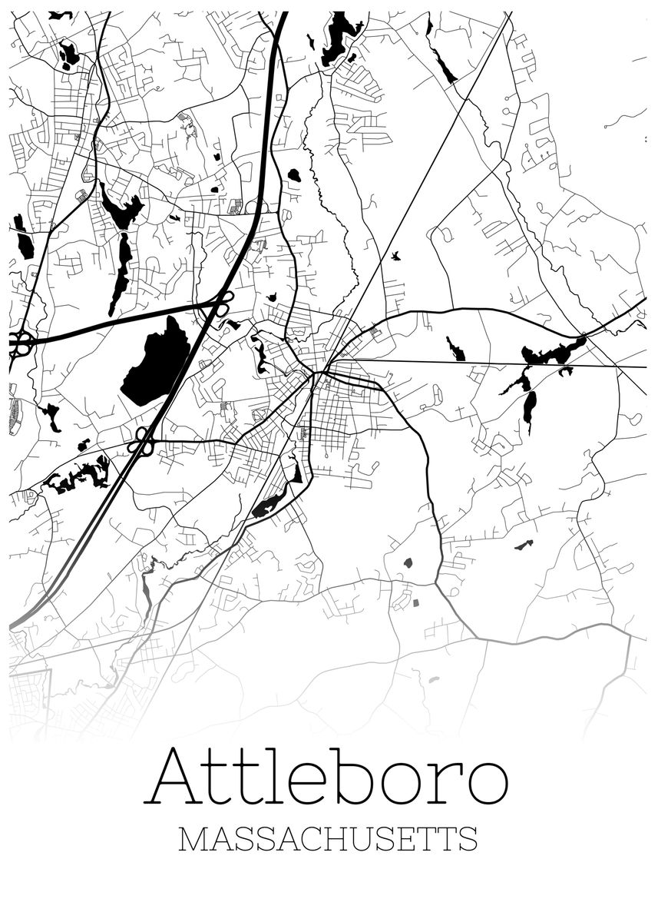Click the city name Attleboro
click(x=329, y=776)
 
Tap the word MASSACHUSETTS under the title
click(x=328, y=839)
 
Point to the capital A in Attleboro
click(x=175, y=776)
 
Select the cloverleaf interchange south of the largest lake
click(x=141, y=441)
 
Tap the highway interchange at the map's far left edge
click(x=19, y=343)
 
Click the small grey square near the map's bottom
click(x=417, y=603)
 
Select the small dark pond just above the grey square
click(x=408, y=562)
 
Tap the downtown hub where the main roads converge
click(x=316, y=374)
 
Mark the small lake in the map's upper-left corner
click(x=69, y=54)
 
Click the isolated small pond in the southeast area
click(x=524, y=545)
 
